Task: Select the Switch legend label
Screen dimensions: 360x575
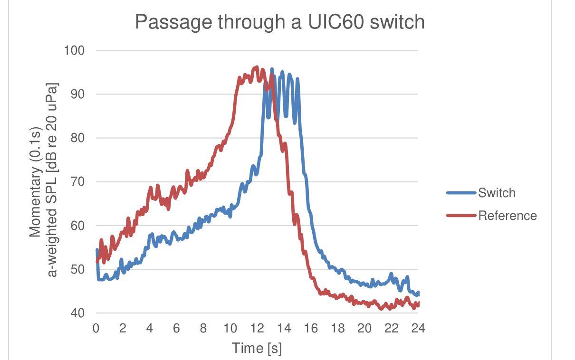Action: point(497,193)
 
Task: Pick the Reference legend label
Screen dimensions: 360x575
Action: point(508,216)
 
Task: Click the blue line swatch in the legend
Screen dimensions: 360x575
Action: point(461,193)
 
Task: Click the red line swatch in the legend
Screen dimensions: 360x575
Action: point(461,216)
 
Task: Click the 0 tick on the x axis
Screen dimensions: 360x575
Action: point(96,328)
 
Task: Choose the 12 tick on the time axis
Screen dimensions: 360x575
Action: point(257,328)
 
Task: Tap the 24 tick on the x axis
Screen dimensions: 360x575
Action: point(418,328)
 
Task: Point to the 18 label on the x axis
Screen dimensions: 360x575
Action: point(338,328)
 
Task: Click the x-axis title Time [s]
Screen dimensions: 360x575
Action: point(257,348)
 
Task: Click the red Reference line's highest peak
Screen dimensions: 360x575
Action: point(257,67)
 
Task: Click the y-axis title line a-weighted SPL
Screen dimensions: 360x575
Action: point(52,180)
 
